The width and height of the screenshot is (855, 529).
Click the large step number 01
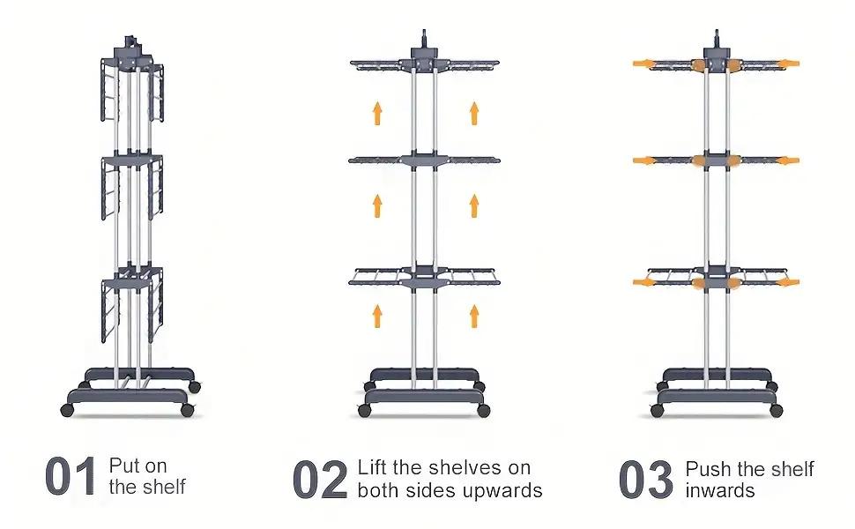pos(71,476)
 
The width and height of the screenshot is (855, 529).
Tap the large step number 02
pos(320,480)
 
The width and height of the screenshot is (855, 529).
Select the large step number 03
pos(646,480)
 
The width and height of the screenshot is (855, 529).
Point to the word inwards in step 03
pos(720,491)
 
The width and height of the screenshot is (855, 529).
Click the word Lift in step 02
pos(372,467)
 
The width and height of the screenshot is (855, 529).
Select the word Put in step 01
pos(124,466)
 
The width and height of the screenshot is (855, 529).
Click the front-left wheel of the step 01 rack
pos(67,410)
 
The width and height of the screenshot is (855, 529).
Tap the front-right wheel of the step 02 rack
pos(483,410)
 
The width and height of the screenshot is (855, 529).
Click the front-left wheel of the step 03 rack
pos(657,410)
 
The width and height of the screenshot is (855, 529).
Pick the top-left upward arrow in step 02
pos(377,113)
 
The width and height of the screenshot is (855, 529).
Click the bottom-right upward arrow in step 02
pos(474,317)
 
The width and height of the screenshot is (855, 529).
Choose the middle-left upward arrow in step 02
pos(377,206)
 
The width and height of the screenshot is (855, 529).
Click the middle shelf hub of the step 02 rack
pos(424,160)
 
